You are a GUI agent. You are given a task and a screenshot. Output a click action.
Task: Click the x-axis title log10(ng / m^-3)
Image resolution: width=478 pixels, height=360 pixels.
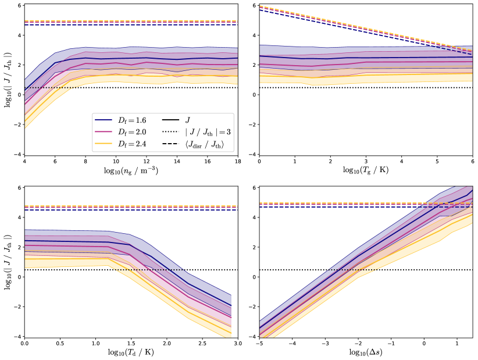(131, 172)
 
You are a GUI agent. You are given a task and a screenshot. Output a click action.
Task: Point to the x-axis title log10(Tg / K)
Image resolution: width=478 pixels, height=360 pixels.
(366, 172)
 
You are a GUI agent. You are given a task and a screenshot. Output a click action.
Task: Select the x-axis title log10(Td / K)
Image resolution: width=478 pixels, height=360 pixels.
(131, 352)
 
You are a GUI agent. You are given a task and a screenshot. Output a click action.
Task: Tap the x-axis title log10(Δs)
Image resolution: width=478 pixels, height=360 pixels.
(366, 352)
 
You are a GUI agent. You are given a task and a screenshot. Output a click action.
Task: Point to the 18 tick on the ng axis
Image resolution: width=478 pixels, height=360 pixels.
(238, 162)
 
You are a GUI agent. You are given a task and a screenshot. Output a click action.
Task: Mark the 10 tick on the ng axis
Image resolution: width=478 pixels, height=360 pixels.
(116, 162)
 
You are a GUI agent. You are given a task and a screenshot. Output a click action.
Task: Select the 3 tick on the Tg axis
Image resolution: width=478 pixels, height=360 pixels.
(366, 162)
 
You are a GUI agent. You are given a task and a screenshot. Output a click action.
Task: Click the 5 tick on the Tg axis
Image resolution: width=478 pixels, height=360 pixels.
(437, 162)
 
